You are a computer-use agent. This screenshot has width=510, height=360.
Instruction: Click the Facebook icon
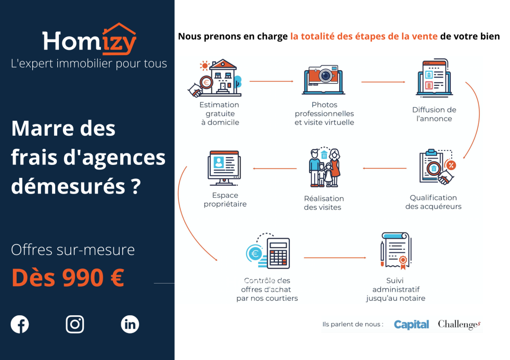point(20,324)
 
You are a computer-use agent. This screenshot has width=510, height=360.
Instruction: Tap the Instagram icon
point(75,324)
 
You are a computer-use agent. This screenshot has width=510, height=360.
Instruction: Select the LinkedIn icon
point(130,324)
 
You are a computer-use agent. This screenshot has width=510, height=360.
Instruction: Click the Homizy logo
point(89,40)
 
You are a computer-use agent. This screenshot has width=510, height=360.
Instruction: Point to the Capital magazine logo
point(412,324)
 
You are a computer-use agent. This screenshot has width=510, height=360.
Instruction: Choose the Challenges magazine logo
point(459,324)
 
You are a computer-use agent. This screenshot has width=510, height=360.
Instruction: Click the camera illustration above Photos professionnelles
point(323,80)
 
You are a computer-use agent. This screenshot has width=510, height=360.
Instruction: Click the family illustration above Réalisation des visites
point(324,167)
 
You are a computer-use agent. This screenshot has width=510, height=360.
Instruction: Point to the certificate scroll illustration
point(396,251)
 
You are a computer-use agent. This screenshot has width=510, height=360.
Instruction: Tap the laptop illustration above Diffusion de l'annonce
point(434,78)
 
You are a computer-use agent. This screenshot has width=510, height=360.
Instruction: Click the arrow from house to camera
point(271,81)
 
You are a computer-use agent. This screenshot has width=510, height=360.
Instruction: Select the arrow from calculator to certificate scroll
point(335,258)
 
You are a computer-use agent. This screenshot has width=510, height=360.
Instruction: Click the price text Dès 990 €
point(68,278)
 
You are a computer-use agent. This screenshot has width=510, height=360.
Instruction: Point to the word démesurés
point(68,186)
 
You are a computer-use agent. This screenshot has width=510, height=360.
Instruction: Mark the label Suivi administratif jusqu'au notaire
point(396,289)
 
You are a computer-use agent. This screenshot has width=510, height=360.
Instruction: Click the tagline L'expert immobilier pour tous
point(89,64)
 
